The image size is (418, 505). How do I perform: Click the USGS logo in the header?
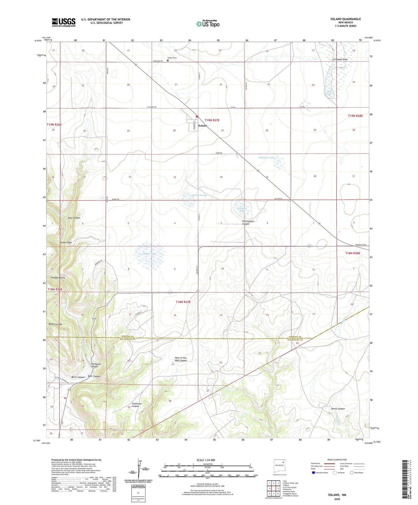click(64, 22)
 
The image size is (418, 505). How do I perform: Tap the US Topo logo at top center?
click(207, 23)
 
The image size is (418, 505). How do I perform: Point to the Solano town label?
click(202, 126)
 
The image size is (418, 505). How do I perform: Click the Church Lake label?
click(150, 254)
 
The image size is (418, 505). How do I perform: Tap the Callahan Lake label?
click(266, 158)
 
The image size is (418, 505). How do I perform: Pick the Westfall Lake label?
click(199, 195)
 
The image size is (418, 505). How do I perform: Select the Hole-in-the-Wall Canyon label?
click(181, 359)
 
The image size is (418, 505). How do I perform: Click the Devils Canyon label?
click(338, 409)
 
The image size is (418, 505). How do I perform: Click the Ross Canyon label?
click(74, 218)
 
